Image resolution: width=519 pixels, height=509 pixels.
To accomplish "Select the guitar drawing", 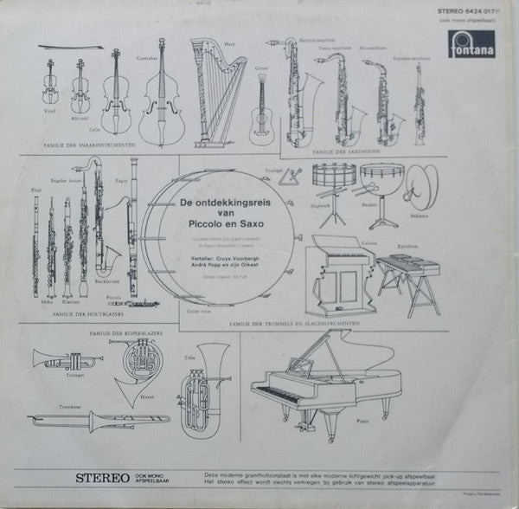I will pos(258,119).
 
